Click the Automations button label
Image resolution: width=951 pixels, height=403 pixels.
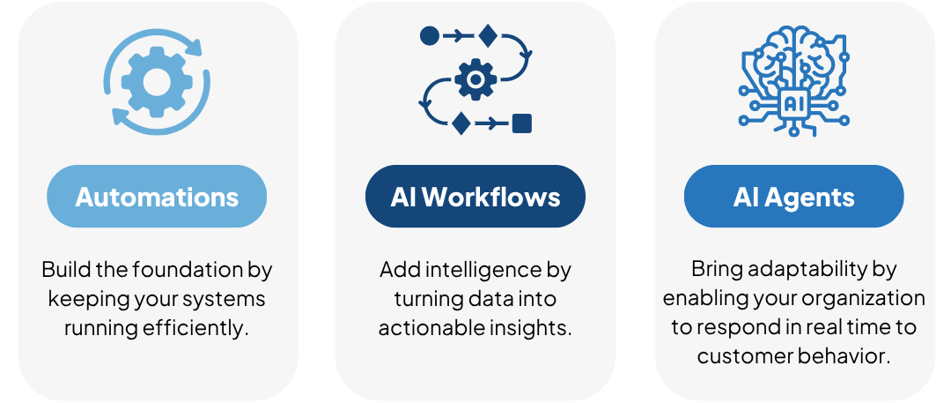[157, 196]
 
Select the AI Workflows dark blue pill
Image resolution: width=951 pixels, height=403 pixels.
[475, 196]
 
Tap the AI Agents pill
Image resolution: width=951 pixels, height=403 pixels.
[793, 197]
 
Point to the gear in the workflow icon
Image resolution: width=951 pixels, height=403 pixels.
[475, 81]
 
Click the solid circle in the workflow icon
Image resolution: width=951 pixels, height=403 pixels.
[429, 36]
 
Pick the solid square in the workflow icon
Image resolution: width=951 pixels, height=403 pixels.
[521, 123]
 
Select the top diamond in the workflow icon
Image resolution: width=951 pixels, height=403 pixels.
[487, 36]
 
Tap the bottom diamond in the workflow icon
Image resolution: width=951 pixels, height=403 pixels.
[460, 123]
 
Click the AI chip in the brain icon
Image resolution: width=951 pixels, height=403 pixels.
[793, 102]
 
